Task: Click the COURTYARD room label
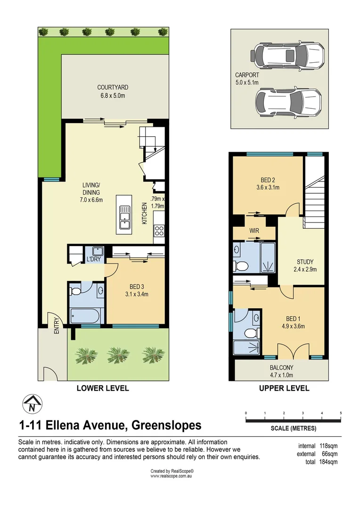pyautogui.click(x=113, y=87)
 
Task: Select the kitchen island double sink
pyautogui.click(x=125, y=217)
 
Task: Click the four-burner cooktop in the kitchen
pyautogui.click(x=159, y=231)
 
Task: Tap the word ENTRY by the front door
pyautogui.click(x=57, y=325)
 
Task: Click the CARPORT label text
pyautogui.click(x=247, y=75)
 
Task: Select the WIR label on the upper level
pyautogui.click(x=254, y=230)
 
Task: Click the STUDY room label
pyautogui.click(x=305, y=262)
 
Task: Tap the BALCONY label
pyautogui.click(x=281, y=368)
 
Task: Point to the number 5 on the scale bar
pyautogui.click(x=340, y=413)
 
